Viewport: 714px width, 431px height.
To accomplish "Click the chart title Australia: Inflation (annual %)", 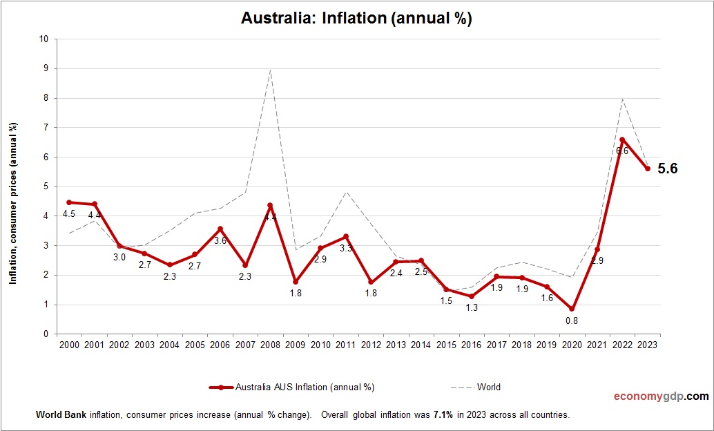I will pos(356,18).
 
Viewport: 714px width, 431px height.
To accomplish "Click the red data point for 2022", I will pos(622,140).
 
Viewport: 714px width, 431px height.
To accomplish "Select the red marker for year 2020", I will pos(572,309).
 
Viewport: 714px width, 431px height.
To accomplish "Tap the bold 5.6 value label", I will pos(668,169).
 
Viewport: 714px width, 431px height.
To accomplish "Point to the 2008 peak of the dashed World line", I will pos(270,70).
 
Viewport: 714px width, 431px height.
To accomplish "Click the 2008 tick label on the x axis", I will pos(270,345).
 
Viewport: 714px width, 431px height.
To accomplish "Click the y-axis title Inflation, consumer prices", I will pos(12,204).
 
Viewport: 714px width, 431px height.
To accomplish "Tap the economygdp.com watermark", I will pos(661,396).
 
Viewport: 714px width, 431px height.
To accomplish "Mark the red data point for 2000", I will pos(68,202).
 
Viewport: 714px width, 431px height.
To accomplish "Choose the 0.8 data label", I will pos(572,320).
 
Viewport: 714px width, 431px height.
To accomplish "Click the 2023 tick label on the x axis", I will pos(648,345).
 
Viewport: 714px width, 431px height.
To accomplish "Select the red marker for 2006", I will pos(220,229).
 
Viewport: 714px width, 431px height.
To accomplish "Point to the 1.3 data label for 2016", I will pos(471,308).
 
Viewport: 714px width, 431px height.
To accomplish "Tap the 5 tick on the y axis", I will pos(46,186).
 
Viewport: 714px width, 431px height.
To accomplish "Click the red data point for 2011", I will pos(345,236).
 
